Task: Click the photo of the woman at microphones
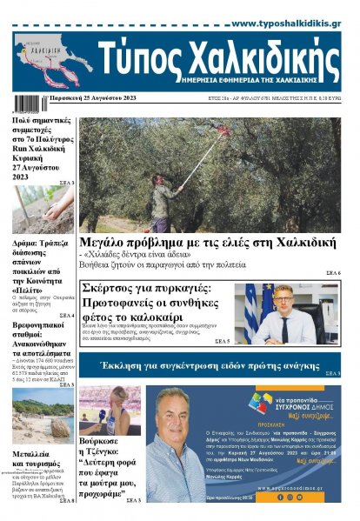(x=109, y=411)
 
